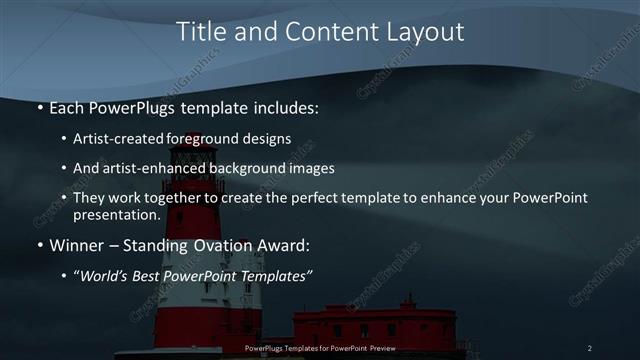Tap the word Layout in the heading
point(422,32)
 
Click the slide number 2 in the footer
point(589,348)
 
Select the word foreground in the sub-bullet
point(222,139)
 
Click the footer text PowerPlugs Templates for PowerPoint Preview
point(319,348)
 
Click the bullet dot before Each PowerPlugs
point(39,107)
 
